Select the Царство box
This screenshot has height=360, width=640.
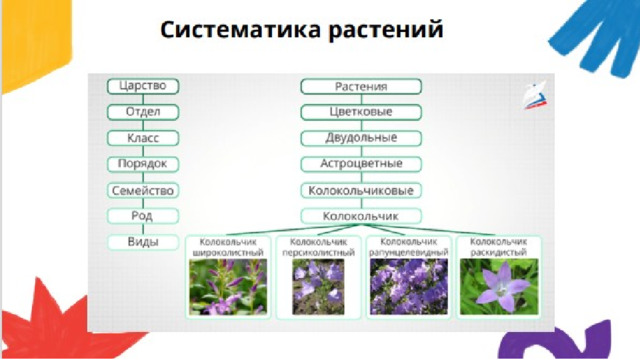coord(143,86)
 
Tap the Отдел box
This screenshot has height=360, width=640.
coord(143,112)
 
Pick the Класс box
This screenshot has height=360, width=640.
coord(143,138)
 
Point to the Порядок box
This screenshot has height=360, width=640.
coord(143,164)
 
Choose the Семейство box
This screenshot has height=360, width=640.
coord(143,190)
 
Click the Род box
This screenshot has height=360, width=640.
coord(143,216)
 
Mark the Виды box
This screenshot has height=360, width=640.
coord(143,242)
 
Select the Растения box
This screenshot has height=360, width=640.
coord(361,87)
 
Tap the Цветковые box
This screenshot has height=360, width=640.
coord(361,112)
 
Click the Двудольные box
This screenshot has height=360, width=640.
coord(361,138)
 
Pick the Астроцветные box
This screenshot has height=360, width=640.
coord(361,164)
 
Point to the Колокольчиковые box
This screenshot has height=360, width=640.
coord(361,190)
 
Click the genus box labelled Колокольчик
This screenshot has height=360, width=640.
coord(361,216)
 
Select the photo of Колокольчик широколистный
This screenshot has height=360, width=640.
coord(228,287)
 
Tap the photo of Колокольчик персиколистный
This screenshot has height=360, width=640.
coord(318,287)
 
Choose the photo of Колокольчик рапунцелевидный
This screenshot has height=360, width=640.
coord(409,287)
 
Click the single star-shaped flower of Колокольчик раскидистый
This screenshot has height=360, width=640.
coord(502,288)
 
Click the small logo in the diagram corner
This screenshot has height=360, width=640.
coord(535,96)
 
